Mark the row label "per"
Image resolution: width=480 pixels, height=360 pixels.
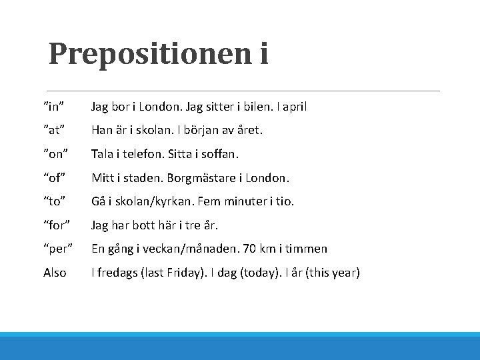[x=57, y=249]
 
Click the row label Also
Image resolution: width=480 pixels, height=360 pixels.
[x=55, y=273]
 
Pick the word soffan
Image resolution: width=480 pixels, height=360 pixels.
[x=219, y=154]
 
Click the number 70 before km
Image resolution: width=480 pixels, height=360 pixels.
[x=249, y=249]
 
